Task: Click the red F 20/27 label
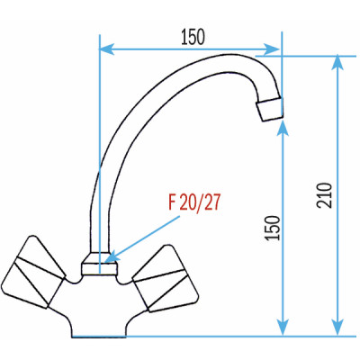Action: coord(193,202)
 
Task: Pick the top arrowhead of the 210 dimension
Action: coord(338,62)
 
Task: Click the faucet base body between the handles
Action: coord(99,306)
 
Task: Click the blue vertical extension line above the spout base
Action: coord(98,108)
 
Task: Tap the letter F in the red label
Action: coord(172,202)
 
